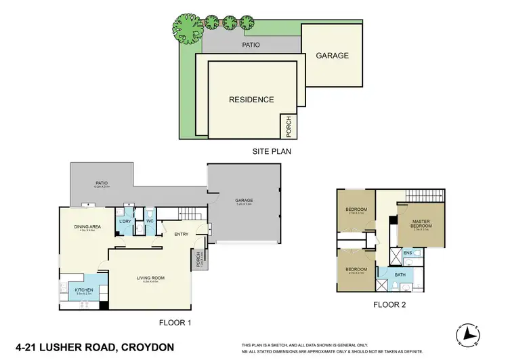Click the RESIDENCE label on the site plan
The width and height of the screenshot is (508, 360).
pos(251,100)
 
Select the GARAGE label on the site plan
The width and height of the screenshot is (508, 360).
pos(332,56)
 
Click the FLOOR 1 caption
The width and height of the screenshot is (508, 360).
pos(175,323)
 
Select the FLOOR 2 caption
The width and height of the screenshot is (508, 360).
pos(389,305)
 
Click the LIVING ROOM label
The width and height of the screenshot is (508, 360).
pos(150,278)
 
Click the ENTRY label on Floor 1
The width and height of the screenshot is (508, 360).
pos(182,235)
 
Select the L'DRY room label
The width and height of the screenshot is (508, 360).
pos(125,222)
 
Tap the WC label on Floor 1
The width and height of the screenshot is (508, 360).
pos(150,222)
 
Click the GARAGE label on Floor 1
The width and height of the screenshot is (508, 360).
pos(244,201)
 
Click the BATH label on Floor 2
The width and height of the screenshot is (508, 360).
pos(401,275)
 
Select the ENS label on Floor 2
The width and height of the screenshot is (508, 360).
pos(408,254)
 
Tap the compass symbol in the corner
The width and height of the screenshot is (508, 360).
pos(469,334)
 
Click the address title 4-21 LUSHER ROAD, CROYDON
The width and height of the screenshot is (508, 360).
pos(89,347)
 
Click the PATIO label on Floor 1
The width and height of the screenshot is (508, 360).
pos(102,182)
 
